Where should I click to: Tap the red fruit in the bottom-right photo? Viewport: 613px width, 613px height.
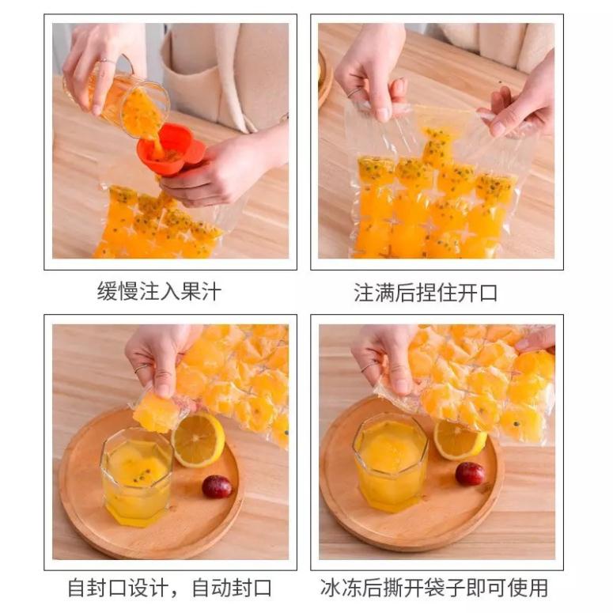point(470,473)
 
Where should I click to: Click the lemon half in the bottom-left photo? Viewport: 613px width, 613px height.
point(198,440)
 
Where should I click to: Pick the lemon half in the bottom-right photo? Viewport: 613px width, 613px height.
point(459,439)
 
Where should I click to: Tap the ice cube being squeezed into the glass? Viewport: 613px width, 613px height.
point(157,412)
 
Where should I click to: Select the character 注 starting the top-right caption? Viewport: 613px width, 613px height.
point(364,292)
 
